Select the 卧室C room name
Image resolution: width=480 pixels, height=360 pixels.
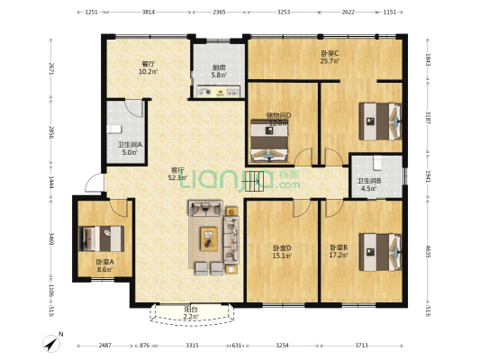pyautogui.click(x=330, y=53)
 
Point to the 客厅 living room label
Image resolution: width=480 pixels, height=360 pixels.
pyautogui.click(x=178, y=169)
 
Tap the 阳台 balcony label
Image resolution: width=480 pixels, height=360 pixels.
pyautogui.click(x=192, y=309)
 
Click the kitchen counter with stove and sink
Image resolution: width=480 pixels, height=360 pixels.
pyautogui.click(x=216, y=90)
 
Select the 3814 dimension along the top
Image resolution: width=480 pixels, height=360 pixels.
pyautogui.click(x=148, y=12)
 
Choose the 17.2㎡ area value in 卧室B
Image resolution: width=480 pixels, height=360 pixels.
pyautogui.click(x=339, y=255)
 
